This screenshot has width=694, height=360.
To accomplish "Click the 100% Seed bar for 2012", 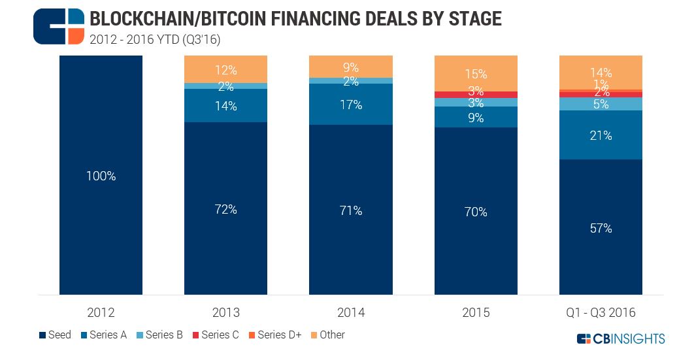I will [x=101, y=175].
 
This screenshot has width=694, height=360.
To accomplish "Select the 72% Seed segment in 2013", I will [x=225, y=208].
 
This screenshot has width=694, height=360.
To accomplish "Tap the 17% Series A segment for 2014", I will [x=350, y=105].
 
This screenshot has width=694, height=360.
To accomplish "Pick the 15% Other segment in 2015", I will [x=476, y=73].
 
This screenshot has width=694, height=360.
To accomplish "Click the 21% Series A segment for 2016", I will [x=601, y=135].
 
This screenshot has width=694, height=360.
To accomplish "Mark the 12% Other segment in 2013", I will [x=225, y=69].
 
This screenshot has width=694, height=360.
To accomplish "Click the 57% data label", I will [x=601, y=228].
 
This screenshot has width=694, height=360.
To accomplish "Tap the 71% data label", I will [x=350, y=210].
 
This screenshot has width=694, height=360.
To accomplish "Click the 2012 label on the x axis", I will [x=101, y=313].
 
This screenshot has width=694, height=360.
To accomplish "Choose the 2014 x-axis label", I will [x=350, y=313].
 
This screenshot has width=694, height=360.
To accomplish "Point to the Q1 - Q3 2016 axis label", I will [x=601, y=313].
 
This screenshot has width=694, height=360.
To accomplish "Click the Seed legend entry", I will [x=56, y=335].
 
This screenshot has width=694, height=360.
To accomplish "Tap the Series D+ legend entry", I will [x=274, y=335].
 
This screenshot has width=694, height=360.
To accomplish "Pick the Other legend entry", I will [x=327, y=335].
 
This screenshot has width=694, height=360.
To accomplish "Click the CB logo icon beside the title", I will [x=59, y=26].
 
